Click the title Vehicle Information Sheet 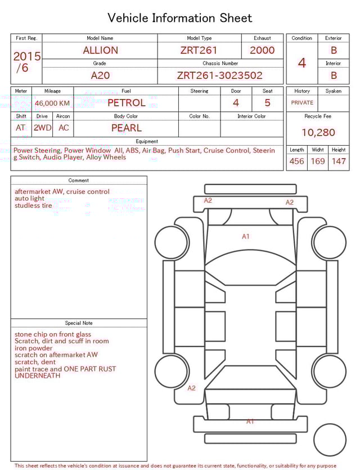point(180,18)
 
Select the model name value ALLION point(100,50)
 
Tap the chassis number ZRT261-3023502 point(219,75)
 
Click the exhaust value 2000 point(262,50)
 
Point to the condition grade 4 point(302,63)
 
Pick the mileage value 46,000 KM point(52,104)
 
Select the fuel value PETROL point(126,103)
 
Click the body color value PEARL point(126,128)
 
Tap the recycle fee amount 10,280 point(318,133)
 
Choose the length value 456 point(296,162)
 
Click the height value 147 point(339,162)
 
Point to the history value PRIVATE point(302,103)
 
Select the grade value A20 point(100,75)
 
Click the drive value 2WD point(42,128)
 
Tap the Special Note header point(79,323)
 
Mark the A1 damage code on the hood point(246,236)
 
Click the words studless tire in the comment point(33,206)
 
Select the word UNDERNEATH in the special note point(38,376)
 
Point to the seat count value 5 point(267,103)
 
